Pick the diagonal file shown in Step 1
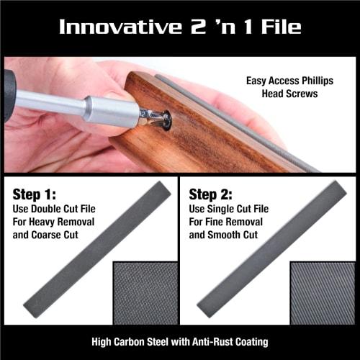tap(97, 248)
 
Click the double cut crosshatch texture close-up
tap(145, 292)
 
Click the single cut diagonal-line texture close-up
tap(322, 292)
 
